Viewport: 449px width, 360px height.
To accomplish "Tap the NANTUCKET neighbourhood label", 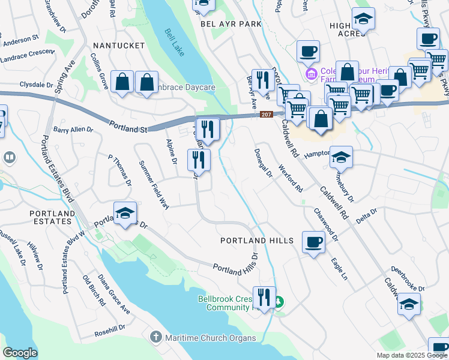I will click(119, 46).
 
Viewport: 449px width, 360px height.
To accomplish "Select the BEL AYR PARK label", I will click(231, 24).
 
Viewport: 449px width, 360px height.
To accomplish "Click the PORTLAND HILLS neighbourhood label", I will click(256, 241).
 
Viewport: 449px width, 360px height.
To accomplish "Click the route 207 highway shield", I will click(267, 115).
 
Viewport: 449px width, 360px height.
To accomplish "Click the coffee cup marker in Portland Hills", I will click(313, 243).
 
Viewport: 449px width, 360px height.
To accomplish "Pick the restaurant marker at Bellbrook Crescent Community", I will click(264, 296).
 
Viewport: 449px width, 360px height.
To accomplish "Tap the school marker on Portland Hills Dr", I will click(125, 214).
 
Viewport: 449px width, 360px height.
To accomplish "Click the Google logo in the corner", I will click(20, 353).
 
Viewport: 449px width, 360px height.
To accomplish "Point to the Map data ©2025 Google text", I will click(412, 355).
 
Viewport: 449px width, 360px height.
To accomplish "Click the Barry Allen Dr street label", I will click(73, 129).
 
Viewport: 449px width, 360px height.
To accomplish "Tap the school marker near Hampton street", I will click(341, 157).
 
